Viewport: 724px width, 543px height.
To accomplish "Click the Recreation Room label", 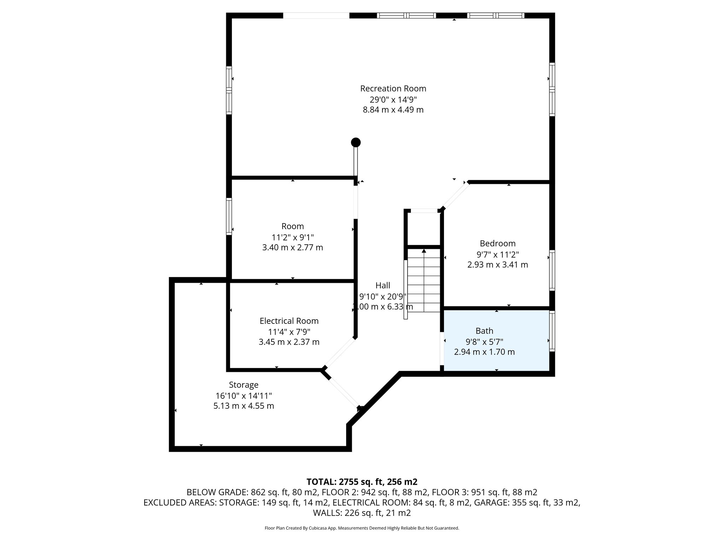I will tap(393, 88).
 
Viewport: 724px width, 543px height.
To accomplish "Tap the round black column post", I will tap(356, 142).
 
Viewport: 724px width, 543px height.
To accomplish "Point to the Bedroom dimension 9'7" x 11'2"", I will tap(498, 254).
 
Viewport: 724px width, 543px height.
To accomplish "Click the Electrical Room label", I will tap(289, 321).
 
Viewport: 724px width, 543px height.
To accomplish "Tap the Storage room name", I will tap(244, 385).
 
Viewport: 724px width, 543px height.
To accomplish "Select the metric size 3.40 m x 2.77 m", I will tap(292, 247).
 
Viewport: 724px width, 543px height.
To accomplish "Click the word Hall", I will tap(383, 285).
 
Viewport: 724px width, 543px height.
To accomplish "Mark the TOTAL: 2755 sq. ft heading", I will tap(362, 482).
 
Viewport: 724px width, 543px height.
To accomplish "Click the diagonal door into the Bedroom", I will tap(455, 195).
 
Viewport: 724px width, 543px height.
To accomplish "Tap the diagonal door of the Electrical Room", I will tap(340, 353).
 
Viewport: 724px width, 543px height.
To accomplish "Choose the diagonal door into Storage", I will tap(343, 393).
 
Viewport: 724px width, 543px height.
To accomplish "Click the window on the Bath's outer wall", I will tap(552, 331).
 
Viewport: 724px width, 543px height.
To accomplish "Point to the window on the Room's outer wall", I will tap(229, 216).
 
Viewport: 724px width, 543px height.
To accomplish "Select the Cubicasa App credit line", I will tap(362, 528).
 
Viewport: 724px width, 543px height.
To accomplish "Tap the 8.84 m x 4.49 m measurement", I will tap(393, 110).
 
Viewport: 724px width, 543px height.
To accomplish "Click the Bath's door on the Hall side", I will tap(442, 349).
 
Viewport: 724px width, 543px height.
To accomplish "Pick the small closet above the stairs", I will tap(424, 228).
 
